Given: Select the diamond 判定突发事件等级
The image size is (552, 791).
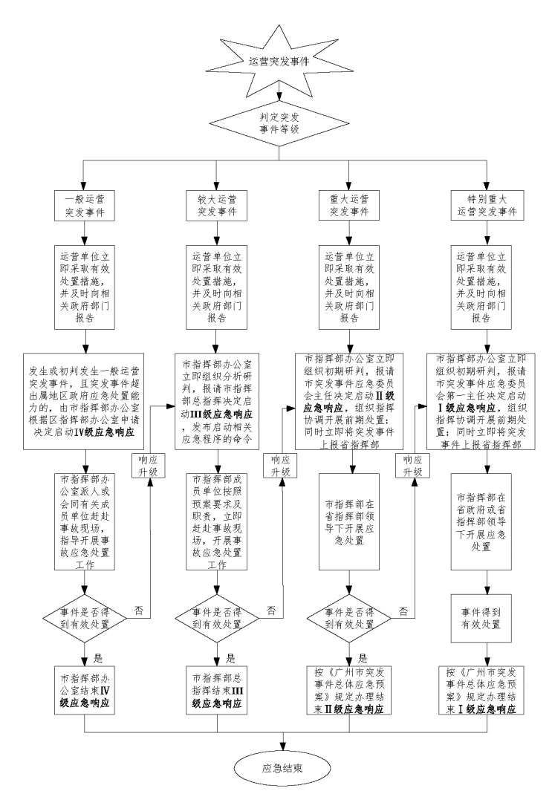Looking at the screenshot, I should (278, 121).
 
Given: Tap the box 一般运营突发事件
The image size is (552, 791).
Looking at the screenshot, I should (85, 205).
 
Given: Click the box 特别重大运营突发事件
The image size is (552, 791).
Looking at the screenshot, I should (486, 205).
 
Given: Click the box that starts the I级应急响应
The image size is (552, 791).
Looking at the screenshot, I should (486, 391).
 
